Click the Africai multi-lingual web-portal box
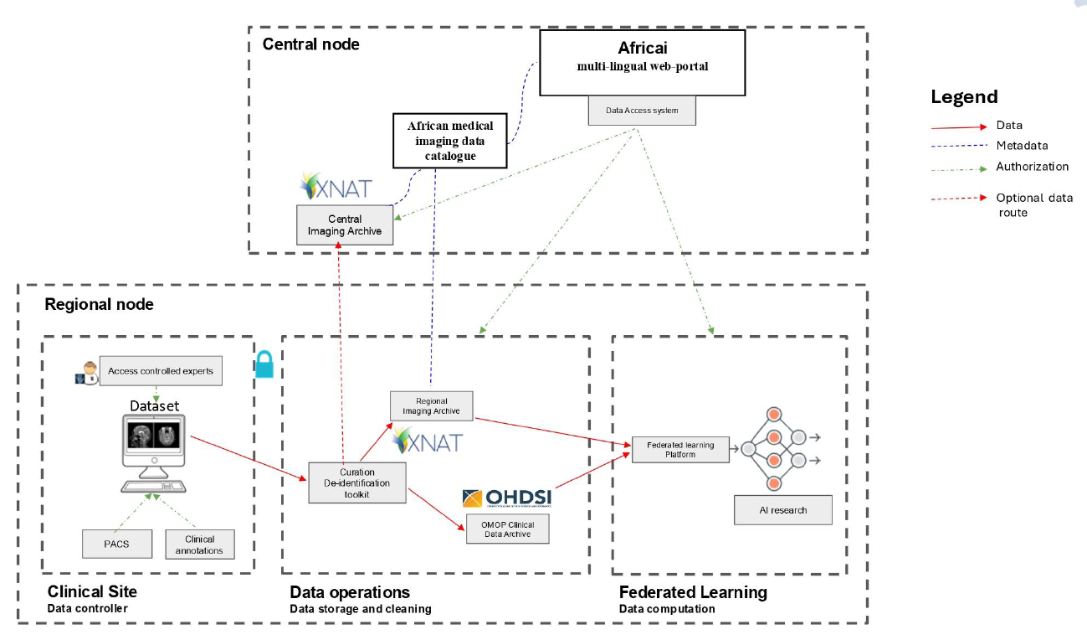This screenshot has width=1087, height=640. pyautogui.click(x=642, y=63)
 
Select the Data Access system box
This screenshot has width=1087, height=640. pyautogui.click(x=642, y=111)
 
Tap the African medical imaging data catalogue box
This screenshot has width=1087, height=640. pyautogui.click(x=450, y=141)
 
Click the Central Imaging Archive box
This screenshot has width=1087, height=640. pyautogui.click(x=345, y=225)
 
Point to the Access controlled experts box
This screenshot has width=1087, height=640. pyautogui.click(x=161, y=371)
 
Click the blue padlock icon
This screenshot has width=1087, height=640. pyautogui.click(x=264, y=363)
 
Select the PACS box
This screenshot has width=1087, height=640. pyautogui.click(x=117, y=544)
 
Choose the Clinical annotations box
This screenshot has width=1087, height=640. pyautogui.click(x=200, y=545)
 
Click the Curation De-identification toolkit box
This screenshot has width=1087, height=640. pyautogui.click(x=357, y=483)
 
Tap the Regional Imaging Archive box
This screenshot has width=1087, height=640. pyautogui.click(x=431, y=406)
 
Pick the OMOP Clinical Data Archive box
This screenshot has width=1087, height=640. pyautogui.click(x=508, y=529)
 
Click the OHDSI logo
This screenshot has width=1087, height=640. pyautogui.click(x=507, y=498)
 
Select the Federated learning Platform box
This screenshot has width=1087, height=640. pyautogui.click(x=680, y=450)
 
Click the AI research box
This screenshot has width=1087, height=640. pyautogui.click(x=783, y=510)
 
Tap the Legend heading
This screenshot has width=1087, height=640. pyautogui.click(x=964, y=97)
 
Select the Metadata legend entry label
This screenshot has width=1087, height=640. pyautogui.click(x=1022, y=146)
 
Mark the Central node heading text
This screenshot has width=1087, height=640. pyautogui.click(x=311, y=44)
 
